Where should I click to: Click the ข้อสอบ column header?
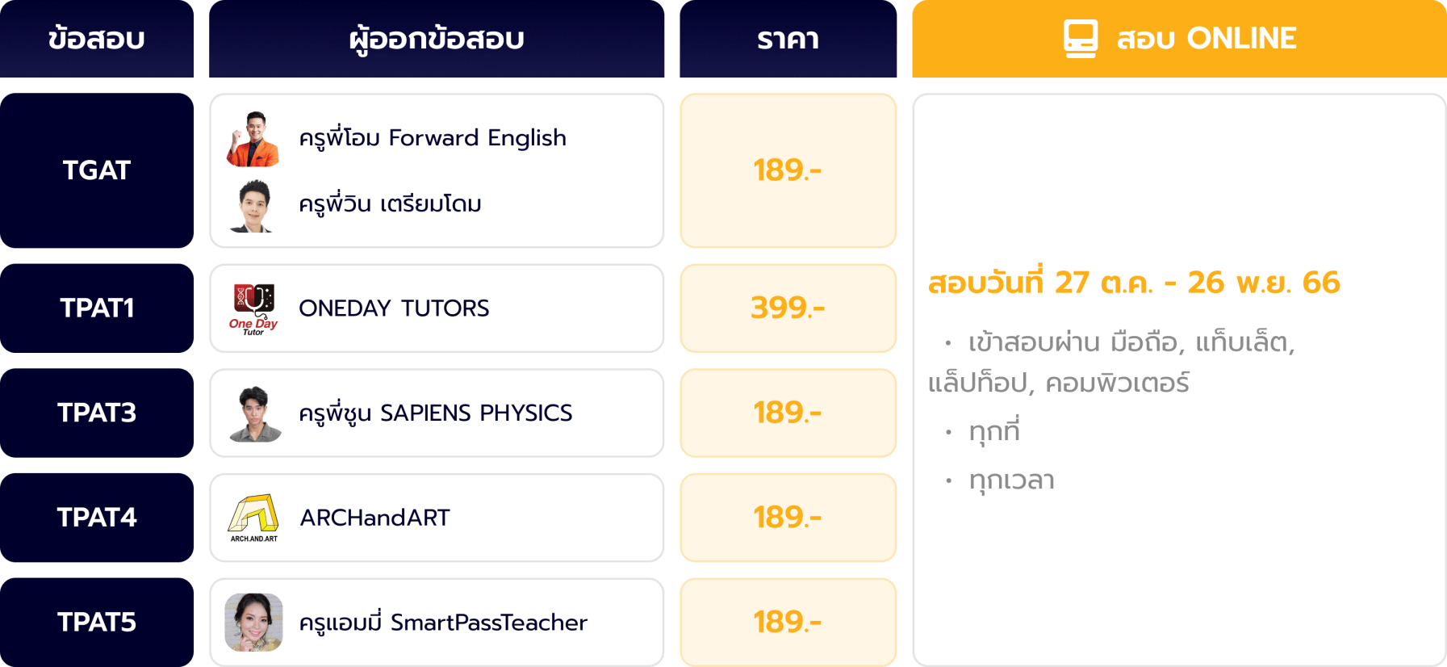[97, 39]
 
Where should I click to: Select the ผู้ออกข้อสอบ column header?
[437, 39]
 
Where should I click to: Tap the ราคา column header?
[788, 39]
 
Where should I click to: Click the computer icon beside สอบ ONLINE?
[1081, 39]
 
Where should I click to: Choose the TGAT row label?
[97, 170]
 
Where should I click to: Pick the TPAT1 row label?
[97, 308]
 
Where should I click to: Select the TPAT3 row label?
[97, 413]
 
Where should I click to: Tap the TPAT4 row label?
[97, 518]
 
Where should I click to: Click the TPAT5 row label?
[97, 622]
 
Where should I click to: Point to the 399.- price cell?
[788, 308]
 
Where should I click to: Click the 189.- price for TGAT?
[788, 170]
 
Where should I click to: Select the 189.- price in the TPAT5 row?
[788, 622]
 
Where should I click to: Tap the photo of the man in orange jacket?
[253, 139]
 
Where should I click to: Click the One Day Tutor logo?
[253, 309]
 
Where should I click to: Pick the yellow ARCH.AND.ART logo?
[253, 518]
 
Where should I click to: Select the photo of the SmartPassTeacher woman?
[253, 622]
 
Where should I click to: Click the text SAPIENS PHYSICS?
[476, 413]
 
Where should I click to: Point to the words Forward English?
[478, 138]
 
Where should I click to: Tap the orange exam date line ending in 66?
[1134, 283]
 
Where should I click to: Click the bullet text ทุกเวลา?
[1012, 480]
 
